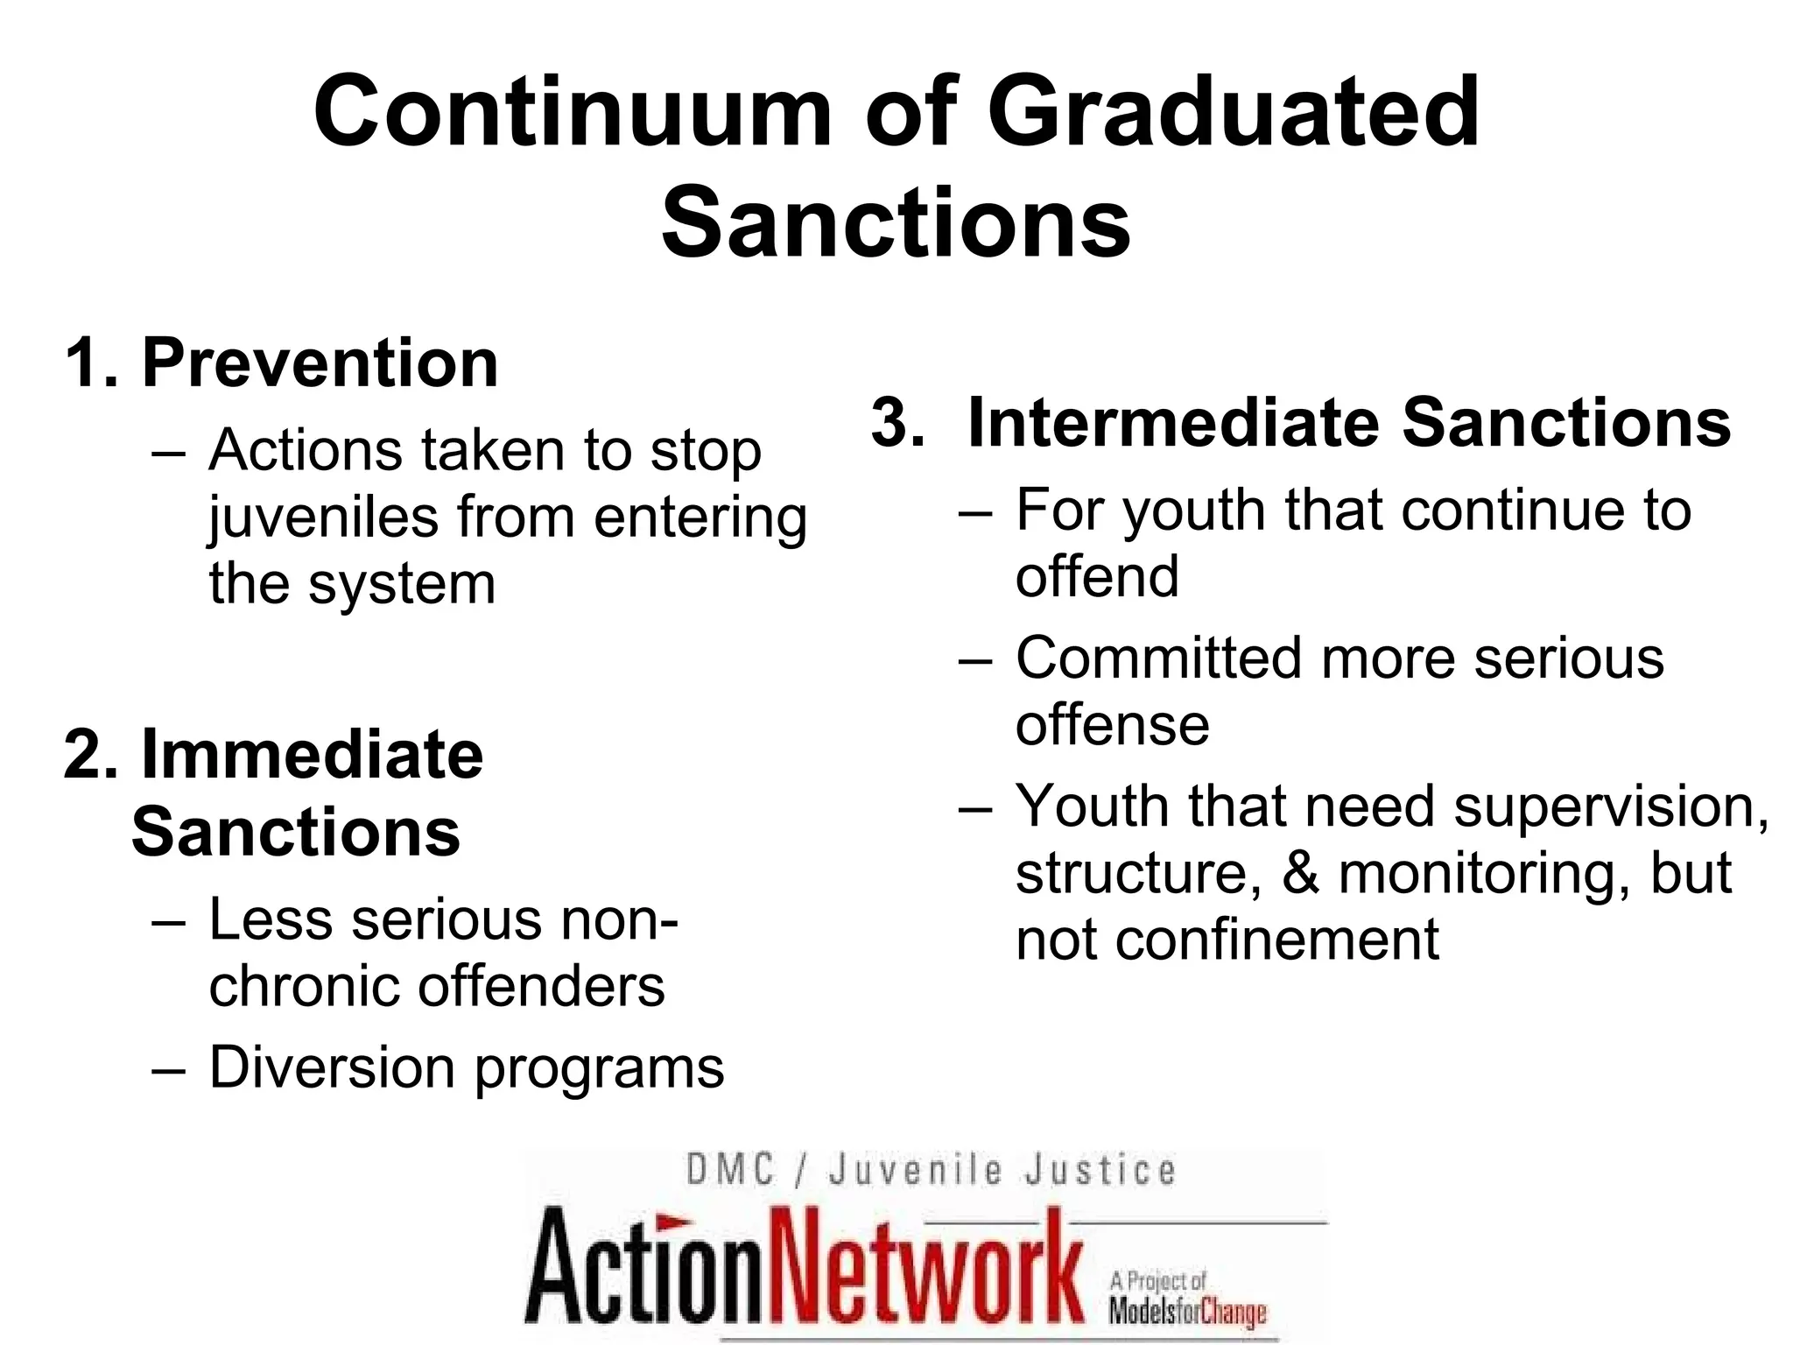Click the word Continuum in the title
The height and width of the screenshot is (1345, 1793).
(x=573, y=112)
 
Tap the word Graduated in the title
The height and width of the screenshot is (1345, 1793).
(x=1234, y=112)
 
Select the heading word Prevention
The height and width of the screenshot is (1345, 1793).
(x=320, y=363)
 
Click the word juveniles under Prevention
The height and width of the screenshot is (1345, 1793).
(x=323, y=518)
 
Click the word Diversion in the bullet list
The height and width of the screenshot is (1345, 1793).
(x=333, y=1067)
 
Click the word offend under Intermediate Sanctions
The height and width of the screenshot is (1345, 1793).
(x=1097, y=577)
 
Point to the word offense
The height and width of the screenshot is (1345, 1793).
(x=1112, y=726)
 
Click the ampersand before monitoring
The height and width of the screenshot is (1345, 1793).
(x=1301, y=873)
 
